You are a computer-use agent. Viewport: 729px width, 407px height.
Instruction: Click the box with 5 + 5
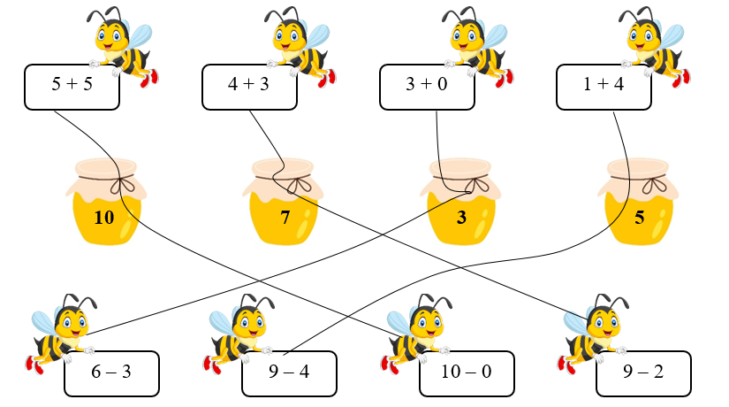point(72,87)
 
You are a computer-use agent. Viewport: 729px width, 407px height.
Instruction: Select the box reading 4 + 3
point(249,87)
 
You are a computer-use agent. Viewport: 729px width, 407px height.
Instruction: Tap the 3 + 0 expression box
point(427,87)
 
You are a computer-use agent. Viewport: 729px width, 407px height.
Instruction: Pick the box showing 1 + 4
point(604,87)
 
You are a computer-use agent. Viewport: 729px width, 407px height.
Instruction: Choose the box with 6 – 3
point(111,372)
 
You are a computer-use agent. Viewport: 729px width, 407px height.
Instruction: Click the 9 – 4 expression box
point(289,372)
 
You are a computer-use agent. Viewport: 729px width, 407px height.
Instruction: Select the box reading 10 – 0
point(467,372)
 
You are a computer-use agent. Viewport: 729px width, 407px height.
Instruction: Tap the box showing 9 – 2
point(644,372)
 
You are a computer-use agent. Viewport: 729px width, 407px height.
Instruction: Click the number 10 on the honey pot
point(103,217)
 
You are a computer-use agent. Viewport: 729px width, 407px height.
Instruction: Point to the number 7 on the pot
point(285,217)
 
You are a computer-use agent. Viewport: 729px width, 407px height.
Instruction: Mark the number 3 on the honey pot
point(461,217)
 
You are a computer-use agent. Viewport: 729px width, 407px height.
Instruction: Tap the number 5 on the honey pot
point(639,217)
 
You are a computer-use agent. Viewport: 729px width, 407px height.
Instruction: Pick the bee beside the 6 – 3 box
point(63,332)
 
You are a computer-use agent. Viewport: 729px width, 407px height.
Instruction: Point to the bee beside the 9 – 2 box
point(595,332)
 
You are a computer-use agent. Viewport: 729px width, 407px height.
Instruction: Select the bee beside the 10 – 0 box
point(417,332)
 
